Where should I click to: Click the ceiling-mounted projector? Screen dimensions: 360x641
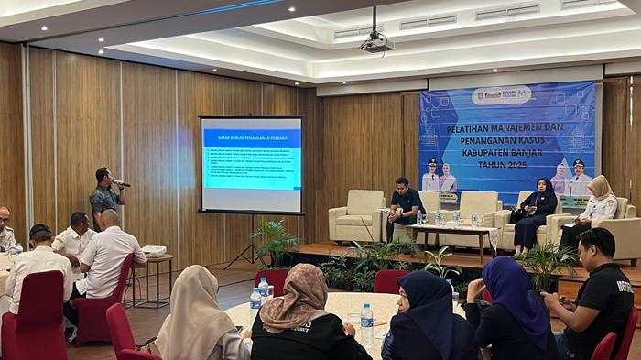[375, 42]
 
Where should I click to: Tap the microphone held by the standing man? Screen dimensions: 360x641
[121, 183]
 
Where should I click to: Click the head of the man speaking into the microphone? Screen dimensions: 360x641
[103, 175]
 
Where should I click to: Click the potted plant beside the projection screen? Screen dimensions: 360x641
[274, 241]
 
